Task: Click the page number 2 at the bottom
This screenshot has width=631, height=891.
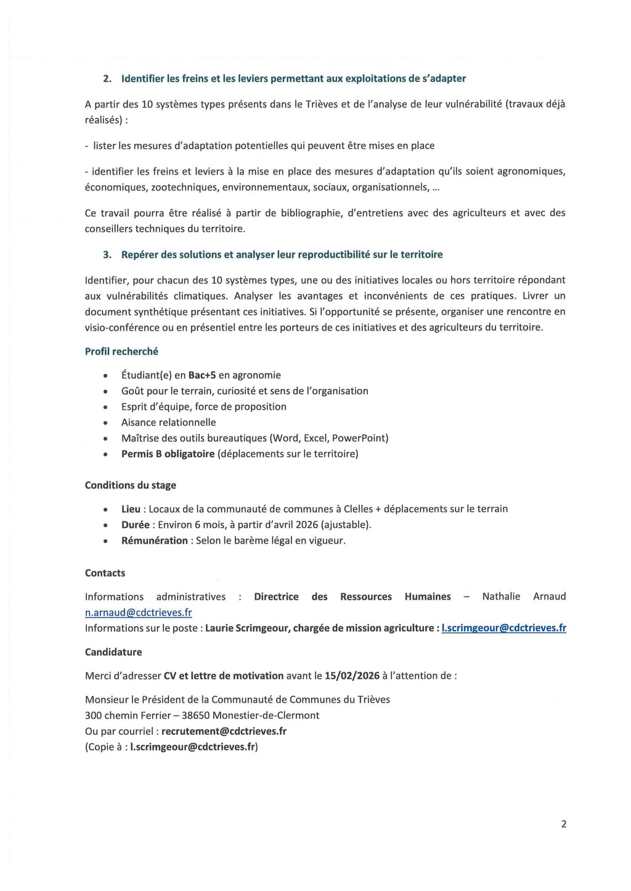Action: [564, 824]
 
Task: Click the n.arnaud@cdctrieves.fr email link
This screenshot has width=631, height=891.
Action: [138, 613]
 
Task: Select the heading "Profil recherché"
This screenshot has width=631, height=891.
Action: [121, 351]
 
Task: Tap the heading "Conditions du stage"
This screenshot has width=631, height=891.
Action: [130, 485]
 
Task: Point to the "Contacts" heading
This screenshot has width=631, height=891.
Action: [105, 573]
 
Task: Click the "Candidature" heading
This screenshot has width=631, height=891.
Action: [113, 652]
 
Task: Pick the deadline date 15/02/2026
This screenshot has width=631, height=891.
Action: [352, 676]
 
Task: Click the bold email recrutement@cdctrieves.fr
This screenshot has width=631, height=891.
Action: [224, 731]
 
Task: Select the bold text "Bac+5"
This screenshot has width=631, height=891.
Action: [202, 375]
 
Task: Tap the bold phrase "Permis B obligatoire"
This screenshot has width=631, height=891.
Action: [168, 454]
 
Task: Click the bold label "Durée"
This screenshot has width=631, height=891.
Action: [135, 525]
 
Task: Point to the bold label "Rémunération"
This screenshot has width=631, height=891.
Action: [154, 541]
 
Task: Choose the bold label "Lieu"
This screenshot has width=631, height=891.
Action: [131, 509]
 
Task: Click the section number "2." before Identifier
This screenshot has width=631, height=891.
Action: [107, 78]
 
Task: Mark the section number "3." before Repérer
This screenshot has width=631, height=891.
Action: [107, 254]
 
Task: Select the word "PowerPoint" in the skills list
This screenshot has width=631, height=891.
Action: [360, 438]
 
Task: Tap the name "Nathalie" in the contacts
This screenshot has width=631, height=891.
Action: [501, 597]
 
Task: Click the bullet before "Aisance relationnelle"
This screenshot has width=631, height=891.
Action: [107, 423]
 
